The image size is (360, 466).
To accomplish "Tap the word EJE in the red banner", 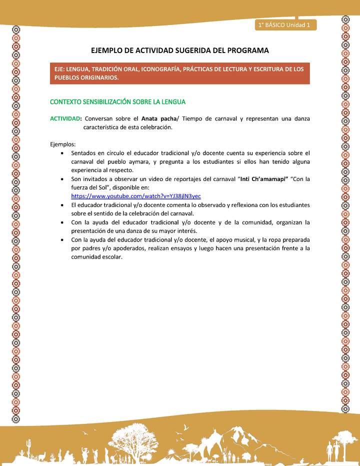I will click(x=61, y=69).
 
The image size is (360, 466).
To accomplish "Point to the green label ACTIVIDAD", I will click(x=65, y=118).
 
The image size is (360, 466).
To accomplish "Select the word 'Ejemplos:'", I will click(x=63, y=144).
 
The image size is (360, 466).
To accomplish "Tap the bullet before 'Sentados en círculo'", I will click(x=61, y=153).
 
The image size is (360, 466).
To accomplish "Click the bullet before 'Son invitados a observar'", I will click(x=61, y=179).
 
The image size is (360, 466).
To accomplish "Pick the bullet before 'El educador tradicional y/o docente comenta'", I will click(x=61, y=205).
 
